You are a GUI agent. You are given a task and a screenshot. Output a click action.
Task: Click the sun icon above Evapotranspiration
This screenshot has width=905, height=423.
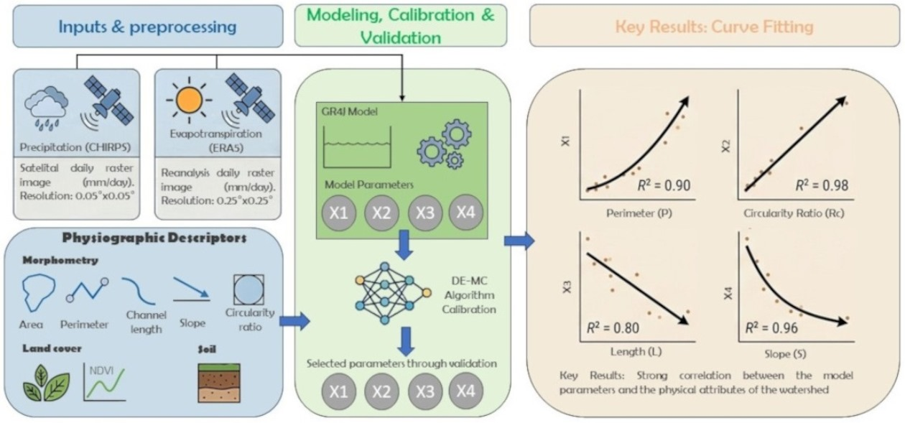point(189,100)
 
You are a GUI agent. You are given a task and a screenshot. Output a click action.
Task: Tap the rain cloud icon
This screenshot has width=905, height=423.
point(46,107)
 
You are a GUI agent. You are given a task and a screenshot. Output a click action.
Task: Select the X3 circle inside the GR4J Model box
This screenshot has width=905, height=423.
point(424,213)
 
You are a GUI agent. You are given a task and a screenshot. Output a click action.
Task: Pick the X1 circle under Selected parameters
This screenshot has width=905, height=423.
point(338,391)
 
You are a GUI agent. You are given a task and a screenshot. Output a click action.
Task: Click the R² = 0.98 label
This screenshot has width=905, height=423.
point(822,185)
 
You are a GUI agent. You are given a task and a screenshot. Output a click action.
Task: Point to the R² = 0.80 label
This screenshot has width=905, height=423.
point(613,327)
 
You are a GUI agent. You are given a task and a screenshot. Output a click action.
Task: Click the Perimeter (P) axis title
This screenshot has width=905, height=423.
point(639,213)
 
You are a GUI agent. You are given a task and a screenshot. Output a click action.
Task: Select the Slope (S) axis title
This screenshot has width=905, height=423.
point(785,354)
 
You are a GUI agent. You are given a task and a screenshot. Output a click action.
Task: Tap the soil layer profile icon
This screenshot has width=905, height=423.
point(219,383)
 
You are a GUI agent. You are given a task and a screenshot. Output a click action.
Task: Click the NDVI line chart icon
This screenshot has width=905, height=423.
point(105,382)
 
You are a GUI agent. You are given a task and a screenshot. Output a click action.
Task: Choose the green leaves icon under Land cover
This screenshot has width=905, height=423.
point(46,383)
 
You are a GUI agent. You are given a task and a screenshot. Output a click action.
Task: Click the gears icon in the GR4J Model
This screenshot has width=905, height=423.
point(445,144)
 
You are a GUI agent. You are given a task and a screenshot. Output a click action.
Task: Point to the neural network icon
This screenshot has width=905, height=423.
point(393,292)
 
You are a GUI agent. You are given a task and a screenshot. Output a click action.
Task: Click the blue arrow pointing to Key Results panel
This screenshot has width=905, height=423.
point(519,241)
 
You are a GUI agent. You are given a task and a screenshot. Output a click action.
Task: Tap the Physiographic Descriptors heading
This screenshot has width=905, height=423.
point(154,238)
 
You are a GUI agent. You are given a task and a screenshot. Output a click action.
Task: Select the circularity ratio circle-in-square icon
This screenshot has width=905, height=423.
point(249,289)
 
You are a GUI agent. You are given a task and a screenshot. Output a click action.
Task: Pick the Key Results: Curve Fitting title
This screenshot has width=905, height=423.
point(714,27)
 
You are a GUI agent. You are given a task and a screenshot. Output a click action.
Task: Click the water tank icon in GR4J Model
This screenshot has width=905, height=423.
point(357,147)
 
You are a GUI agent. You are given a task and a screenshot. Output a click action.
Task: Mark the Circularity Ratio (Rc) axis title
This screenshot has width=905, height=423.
point(794,213)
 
